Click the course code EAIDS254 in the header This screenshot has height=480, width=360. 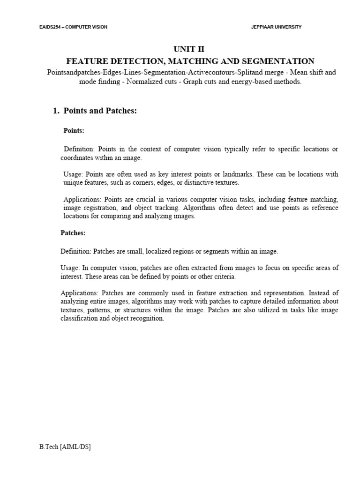[x=51, y=27]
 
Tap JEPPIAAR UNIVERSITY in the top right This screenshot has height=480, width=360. [x=277, y=27]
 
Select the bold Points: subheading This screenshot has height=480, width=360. [x=74, y=131]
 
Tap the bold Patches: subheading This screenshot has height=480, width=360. [x=73, y=232]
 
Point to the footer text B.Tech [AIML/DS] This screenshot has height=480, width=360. [x=65, y=447]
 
